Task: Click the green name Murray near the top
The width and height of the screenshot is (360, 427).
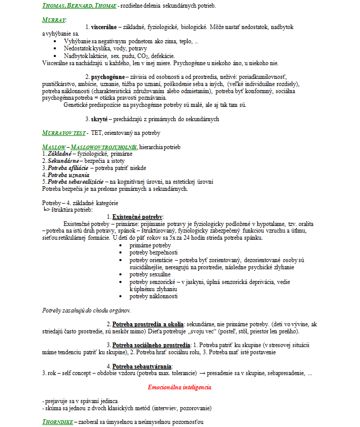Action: (x=54, y=20)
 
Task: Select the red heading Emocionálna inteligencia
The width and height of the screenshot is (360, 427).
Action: (x=179, y=387)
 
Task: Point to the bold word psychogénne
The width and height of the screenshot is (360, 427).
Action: (x=108, y=76)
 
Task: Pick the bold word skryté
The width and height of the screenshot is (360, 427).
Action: (x=100, y=119)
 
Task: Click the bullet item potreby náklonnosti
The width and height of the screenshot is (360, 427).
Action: (x=153, y=296)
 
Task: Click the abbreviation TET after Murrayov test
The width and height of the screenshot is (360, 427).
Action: (x=96, y=133)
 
